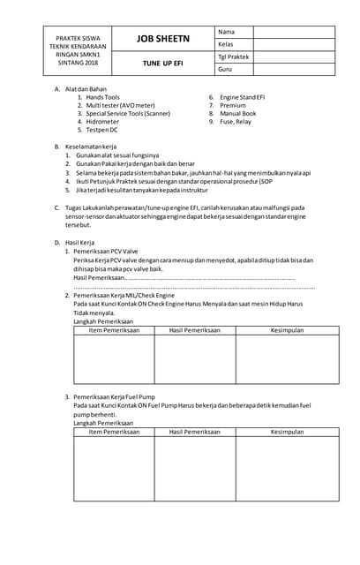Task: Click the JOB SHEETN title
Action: coord(161,40)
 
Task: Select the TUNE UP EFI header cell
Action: coord(162,63)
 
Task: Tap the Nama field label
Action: coord(227,32)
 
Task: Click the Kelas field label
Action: coord(226,44)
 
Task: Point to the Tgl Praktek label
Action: coord(234,56)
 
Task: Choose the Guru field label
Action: coord(225,69)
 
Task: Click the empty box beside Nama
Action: coord(295,32)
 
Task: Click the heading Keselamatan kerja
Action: coord(90,146)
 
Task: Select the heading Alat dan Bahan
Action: coord(86,88)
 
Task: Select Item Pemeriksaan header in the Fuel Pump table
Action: coord(114,432)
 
